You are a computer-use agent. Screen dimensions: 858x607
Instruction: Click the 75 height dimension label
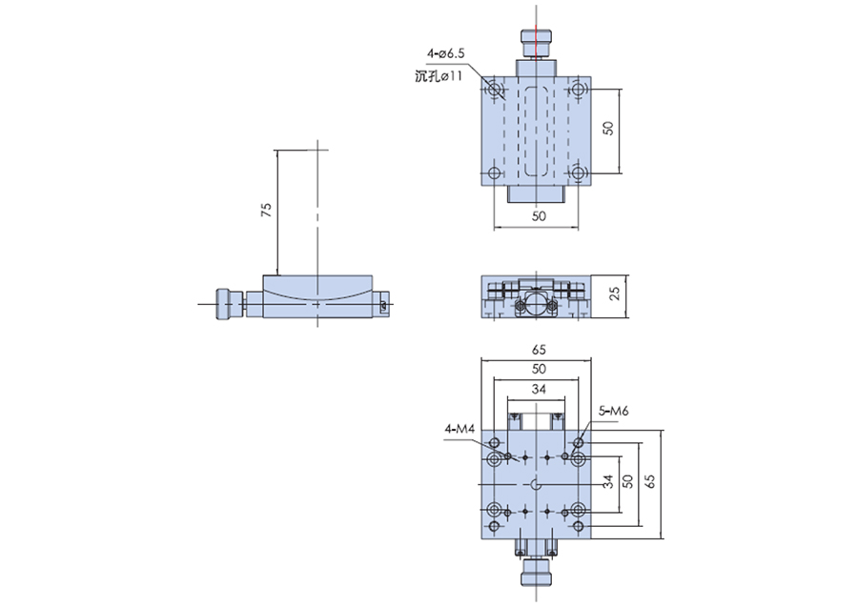click(267, 210)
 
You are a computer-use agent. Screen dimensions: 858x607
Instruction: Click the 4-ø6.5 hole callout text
click(445, 53)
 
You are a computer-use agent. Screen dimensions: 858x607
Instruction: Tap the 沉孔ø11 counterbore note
click(439, 76)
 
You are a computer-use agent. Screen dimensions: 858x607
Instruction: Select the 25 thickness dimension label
click(615, 293)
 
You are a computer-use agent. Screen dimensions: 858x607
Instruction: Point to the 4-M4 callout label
click(460, 429)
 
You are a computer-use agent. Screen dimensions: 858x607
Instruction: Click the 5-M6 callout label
click(613, 411)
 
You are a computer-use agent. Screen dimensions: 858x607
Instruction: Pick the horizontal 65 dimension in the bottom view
click(539, 350)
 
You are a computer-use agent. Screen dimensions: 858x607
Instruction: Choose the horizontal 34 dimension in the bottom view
click(539, 390)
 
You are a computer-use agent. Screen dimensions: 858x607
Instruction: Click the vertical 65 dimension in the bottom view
click(650, 481)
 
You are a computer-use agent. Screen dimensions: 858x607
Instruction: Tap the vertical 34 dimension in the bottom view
click(608, 482)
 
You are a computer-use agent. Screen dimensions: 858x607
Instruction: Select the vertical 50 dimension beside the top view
click(608, 128)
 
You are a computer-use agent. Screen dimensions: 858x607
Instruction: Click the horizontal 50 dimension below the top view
click(539, 216)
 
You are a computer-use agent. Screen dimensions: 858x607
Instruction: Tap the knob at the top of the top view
click(536, 43)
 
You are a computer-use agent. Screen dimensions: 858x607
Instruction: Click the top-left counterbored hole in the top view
click(495, 90)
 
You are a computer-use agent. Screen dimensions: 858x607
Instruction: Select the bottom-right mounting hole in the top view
click(578, 173)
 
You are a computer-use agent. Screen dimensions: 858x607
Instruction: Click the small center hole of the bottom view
click(536, 484)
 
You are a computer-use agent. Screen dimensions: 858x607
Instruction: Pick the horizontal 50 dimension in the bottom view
click(539, 369)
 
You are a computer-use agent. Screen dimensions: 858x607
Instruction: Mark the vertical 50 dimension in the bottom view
click(627, 481)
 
